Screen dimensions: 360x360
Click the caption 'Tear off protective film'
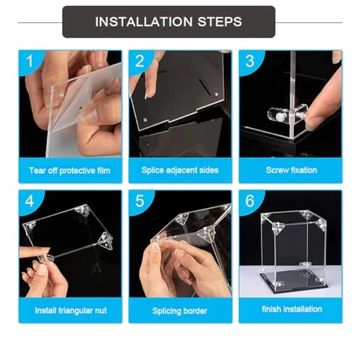tap(69, 170)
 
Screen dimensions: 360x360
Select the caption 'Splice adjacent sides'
tap(180, 170)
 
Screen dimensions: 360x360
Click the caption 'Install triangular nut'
tap(69, 310)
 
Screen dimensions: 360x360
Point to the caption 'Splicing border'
tap(180, 310)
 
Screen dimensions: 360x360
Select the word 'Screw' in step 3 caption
tap(274, 170)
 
